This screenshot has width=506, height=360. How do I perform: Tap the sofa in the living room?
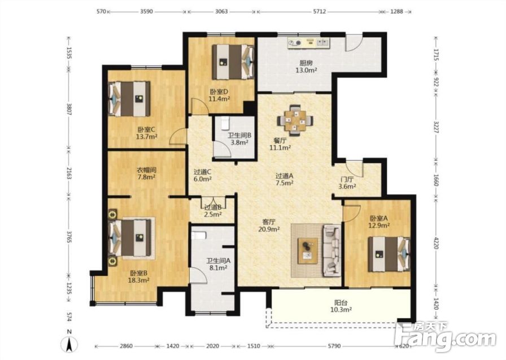point(331,250)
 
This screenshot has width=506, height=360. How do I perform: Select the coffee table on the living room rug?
point(308,251)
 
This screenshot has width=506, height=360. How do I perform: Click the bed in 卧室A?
point(389,254)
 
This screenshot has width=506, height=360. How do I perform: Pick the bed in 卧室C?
point(130,99)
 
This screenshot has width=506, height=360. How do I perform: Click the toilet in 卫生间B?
point(225,124)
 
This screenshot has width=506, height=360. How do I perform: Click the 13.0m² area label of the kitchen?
point(306,70)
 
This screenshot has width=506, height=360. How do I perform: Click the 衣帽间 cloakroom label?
point(146,170)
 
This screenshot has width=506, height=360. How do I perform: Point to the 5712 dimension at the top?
point(320,11)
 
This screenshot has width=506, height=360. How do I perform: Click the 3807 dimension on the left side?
point(69,110)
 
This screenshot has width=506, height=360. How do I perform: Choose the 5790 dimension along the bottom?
point(334,346)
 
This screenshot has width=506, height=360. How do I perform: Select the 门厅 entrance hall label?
point(347,180)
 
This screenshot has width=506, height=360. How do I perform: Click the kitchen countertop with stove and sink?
point(308,43)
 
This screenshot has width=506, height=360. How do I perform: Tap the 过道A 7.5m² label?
point(284,180)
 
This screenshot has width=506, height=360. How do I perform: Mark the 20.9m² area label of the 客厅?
point(269,229)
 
